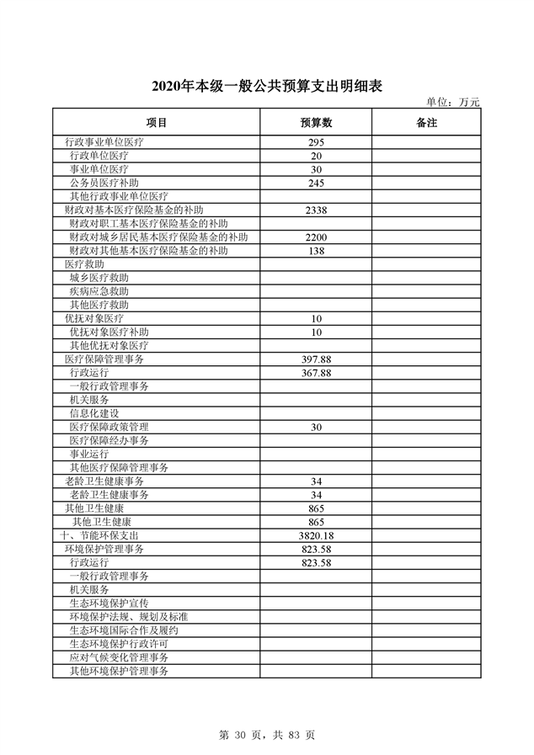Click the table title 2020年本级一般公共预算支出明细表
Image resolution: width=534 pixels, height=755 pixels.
pyautogui.click(x=266, y=87)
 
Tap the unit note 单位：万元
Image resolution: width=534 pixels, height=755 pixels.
pyautogui.click(x=452, y=102)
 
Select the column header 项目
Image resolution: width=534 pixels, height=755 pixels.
pyautogui.click(x=157, y=123)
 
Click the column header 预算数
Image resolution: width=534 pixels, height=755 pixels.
pyautogui.click(x=317, y=123)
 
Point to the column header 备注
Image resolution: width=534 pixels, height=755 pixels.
pyautogui.click(x=426, y=123)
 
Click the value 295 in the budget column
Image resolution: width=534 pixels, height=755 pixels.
pyautogui.click(x=317, y=142)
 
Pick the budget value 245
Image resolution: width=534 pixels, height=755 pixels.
pyautogui.click(x=317, y=183)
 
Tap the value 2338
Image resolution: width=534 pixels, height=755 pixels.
pyautogui.click(x=317, y=210)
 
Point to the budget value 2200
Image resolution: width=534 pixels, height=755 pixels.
pyautogui.click(x=317, y=237)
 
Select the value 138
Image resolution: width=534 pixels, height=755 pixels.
pyautogui.click(x=317, y=251)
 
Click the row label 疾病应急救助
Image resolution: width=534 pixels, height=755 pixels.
pyautogui.click(x=99, y=291)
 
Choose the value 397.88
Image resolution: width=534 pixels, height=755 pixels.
pyautogui.click(x=317, y=359)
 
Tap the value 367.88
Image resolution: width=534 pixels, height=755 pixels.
pyautogui.click(x=317, y=373)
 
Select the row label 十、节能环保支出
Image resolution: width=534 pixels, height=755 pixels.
pyautogui.click(x=104, y=535)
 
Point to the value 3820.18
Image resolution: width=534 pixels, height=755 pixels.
pyautogui.click(x=317, y=535)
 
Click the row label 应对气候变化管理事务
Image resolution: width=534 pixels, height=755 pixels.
pyautogui.click(x=119, y=657)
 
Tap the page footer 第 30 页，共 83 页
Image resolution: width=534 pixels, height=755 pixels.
pyautogui.click(x=267, y=735)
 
